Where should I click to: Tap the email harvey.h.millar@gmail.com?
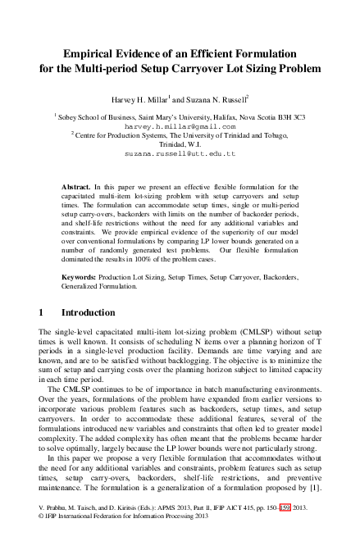coord(179,128)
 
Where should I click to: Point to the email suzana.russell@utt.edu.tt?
coord(180,153)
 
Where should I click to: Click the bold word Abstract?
coord(79,188)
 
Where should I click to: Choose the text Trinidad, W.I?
coord(180,141)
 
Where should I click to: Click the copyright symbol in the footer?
coord(42,539)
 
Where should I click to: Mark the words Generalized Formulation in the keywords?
coord(100,288)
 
